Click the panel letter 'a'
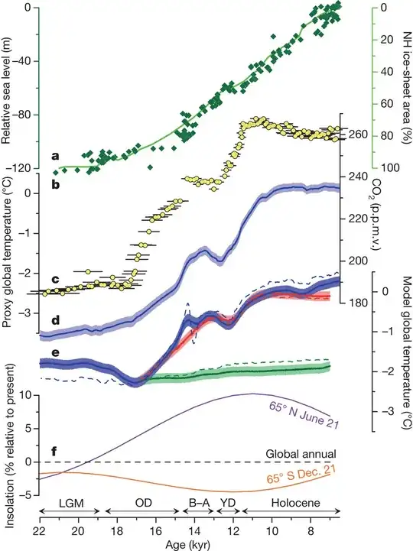coord(55,155)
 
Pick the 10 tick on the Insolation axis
coord(25,396)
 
